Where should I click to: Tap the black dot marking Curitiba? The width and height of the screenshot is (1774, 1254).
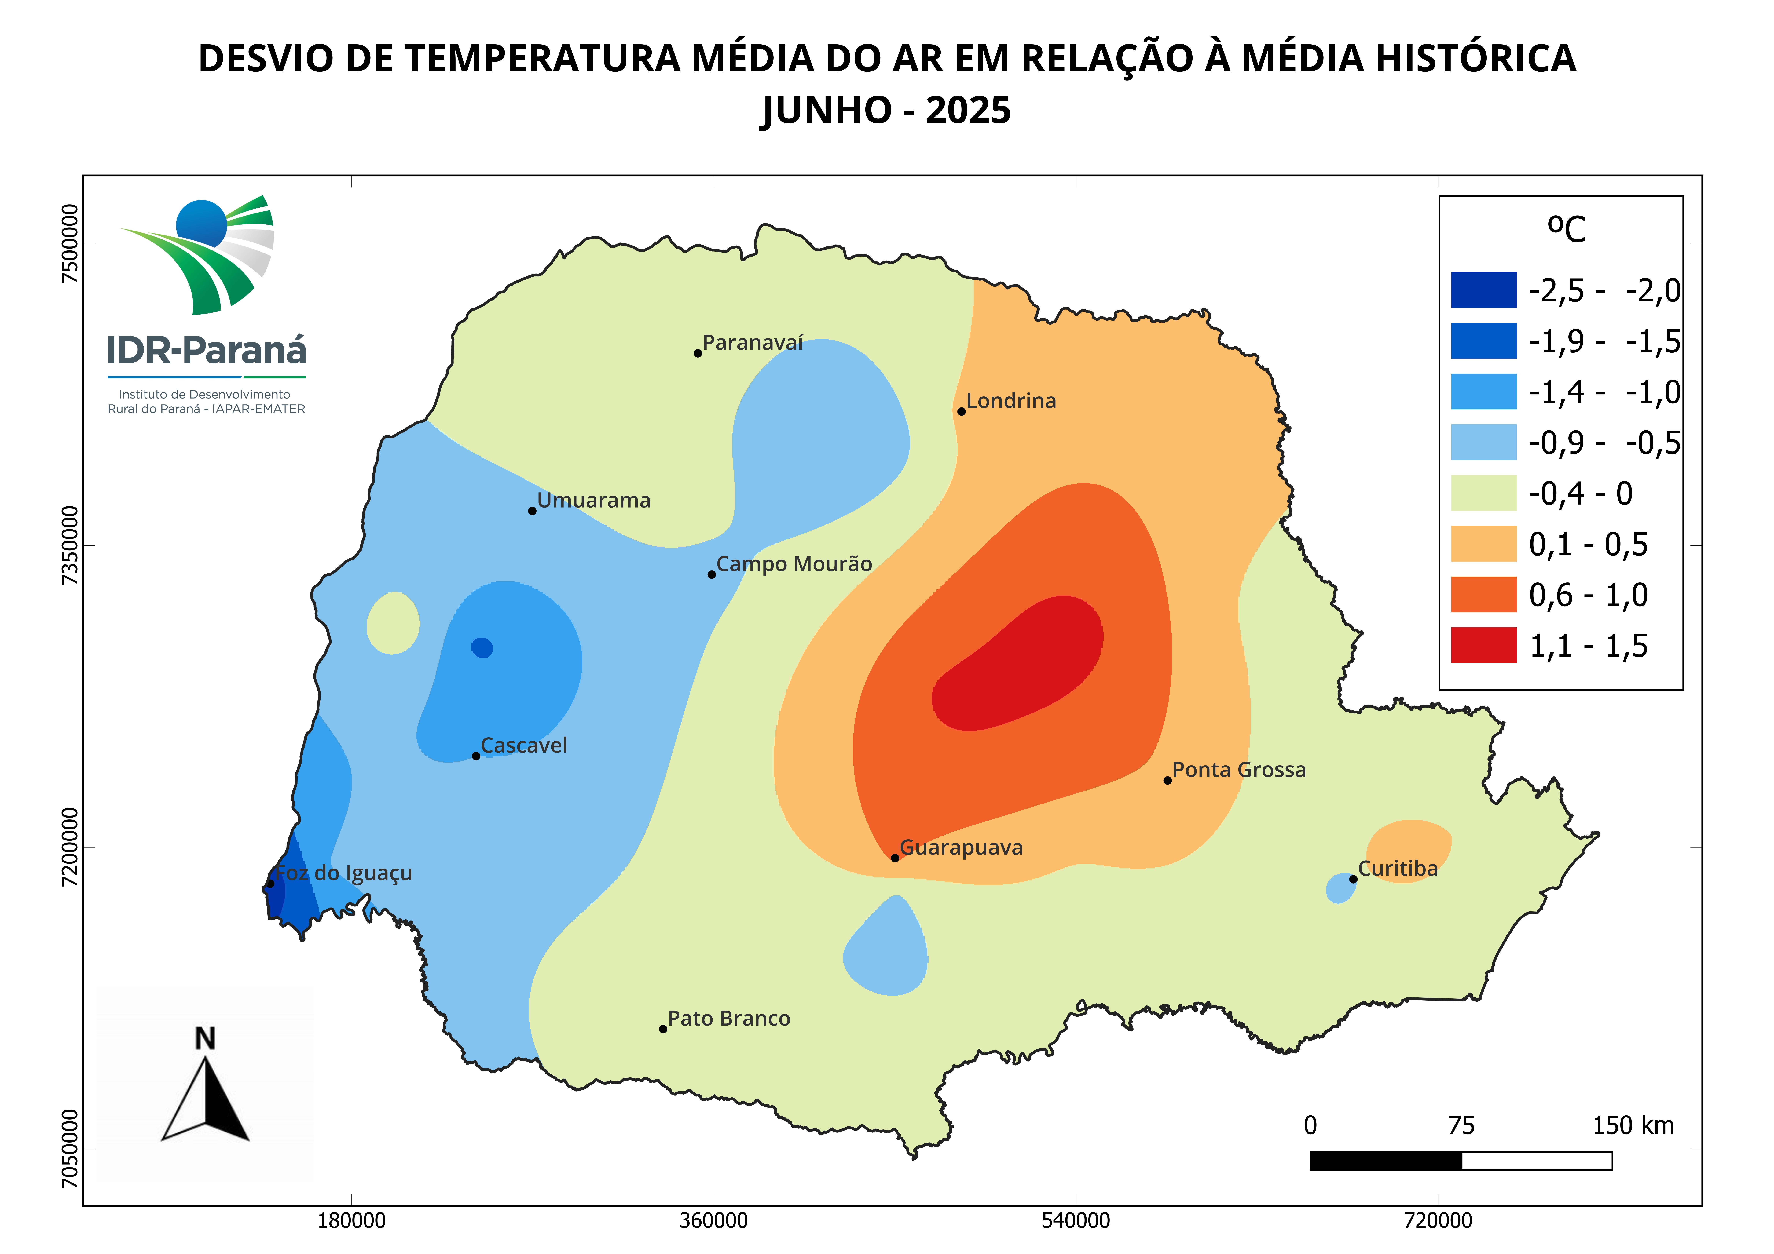coord(1353,879)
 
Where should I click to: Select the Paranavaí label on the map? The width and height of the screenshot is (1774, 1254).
coord(753,343)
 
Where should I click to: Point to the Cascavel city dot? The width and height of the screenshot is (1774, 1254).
coord(476,756)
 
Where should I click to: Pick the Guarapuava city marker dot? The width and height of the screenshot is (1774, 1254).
coord(895,858)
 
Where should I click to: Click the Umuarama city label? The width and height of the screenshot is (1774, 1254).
coord(593,501)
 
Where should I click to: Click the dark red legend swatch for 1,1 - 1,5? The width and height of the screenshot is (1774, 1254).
coord(1483,645)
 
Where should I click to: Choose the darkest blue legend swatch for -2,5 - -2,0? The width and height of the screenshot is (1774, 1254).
coord(1483,290)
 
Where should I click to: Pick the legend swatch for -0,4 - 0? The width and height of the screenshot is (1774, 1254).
coord(1483,493)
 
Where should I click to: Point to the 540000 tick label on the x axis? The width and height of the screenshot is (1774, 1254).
coord(1076,1221)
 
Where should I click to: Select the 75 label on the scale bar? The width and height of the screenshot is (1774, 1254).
coord(1461,1126)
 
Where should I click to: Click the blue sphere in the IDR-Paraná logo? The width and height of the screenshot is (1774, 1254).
coord(201,224)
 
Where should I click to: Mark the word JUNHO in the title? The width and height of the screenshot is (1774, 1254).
coord(827,111)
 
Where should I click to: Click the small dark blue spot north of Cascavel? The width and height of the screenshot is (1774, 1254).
coord(482,647)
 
